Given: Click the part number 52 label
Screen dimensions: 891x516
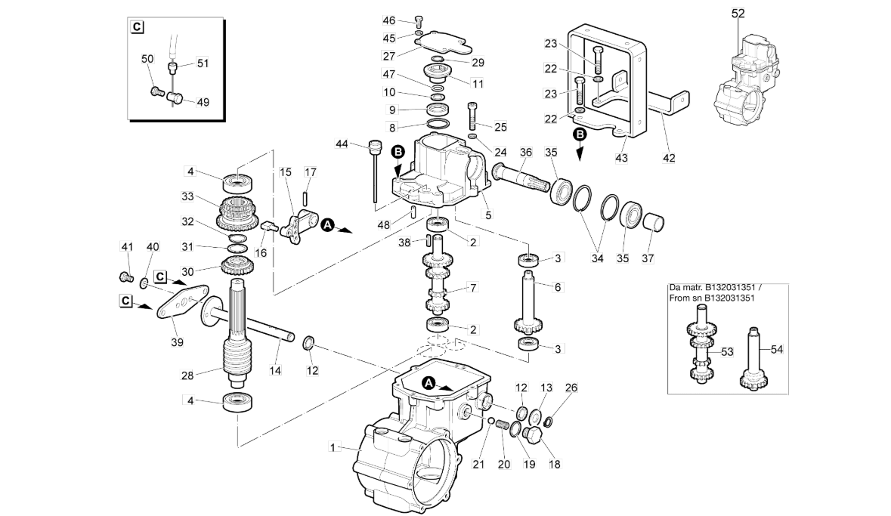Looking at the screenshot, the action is (738, 13).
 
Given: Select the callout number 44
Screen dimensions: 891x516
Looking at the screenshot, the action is (342, 144).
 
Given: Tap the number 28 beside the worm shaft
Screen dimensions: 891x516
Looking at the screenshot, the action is (187, 375).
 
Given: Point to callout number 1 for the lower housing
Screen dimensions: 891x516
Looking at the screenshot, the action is (333, 448).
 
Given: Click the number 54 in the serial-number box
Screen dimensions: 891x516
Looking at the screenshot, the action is (777, 350).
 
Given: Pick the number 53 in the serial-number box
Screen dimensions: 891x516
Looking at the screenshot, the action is (727, 352).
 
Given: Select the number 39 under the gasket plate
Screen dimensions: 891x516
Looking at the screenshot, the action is (178, 342).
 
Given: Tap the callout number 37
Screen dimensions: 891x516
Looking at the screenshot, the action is (648, 258).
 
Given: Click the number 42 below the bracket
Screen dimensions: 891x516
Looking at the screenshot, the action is (669, 158).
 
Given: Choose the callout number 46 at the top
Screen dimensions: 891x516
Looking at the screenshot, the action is (388, 21).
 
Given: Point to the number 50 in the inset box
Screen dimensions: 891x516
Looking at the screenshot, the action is (147, 59).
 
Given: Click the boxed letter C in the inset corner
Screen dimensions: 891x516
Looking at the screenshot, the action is (137, 26).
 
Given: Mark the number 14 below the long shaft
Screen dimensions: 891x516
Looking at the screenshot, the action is (275, 370).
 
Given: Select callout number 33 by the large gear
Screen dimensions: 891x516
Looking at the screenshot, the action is (187, 196).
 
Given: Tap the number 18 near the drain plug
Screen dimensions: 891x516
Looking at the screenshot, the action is (554, 465).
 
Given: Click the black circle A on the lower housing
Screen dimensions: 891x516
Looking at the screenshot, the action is (429, 383).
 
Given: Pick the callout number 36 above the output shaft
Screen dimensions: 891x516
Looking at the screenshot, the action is (526, 153).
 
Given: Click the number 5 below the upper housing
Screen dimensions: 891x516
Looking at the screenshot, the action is (488, 215).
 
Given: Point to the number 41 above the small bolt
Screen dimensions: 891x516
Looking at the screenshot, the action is (127, 246).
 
